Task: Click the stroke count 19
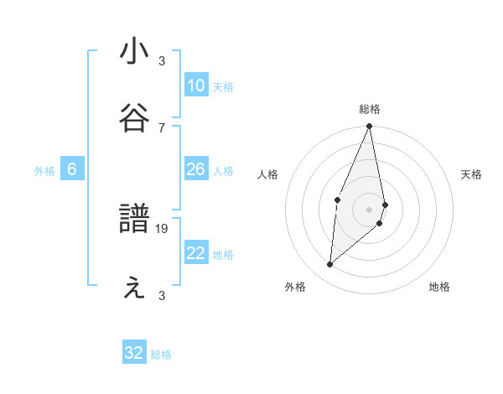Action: [163, 229]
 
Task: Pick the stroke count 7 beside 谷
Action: [162, 127]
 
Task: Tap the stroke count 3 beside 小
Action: [162, 61]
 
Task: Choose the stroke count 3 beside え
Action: [162, 296]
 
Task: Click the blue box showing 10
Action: [195, 86]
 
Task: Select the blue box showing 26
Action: [195, 169]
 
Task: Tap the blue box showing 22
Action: [195, 253]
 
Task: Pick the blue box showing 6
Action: [72, 169]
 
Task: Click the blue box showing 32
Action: [134, 353]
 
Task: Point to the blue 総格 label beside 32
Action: [161, 355]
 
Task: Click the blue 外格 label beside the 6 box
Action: [44, 171]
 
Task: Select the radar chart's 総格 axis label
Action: [369, 109]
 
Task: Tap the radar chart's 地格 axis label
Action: [439, 287]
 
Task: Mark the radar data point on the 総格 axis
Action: [369, 127]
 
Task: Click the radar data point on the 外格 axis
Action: [329, 265]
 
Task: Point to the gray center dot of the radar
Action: [369, 209]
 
